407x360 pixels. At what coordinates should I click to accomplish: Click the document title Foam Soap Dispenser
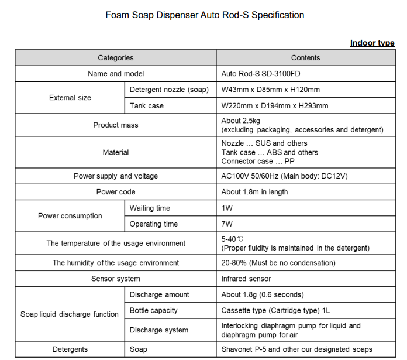click(205, 15)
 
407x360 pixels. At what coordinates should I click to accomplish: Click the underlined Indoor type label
click(372, 43)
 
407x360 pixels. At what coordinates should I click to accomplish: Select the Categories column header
click(115, 58)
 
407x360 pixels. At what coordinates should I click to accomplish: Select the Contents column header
click(305, 58)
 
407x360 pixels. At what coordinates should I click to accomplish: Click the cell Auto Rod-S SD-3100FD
click(261, 74)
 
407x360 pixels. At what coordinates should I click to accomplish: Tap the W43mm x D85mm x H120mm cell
click(270, 90)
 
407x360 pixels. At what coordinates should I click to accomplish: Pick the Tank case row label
click(147, 106)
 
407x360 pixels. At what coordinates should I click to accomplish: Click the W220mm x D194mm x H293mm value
click(274, 106)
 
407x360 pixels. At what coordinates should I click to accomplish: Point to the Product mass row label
click(115, 125)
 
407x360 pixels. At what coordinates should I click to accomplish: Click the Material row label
click(115, 152)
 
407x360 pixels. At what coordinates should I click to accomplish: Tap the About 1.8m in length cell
click(254, 192)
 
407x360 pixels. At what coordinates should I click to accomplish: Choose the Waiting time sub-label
click(150, 208)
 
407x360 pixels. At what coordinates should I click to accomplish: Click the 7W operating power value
click(227, 224)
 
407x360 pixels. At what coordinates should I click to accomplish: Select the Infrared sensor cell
click(246, 279)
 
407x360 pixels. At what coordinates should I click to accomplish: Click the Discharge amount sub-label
click(159, 294)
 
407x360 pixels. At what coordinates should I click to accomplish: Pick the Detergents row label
click(70, 349)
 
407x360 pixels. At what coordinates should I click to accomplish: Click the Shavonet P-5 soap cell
click(296, 349)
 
